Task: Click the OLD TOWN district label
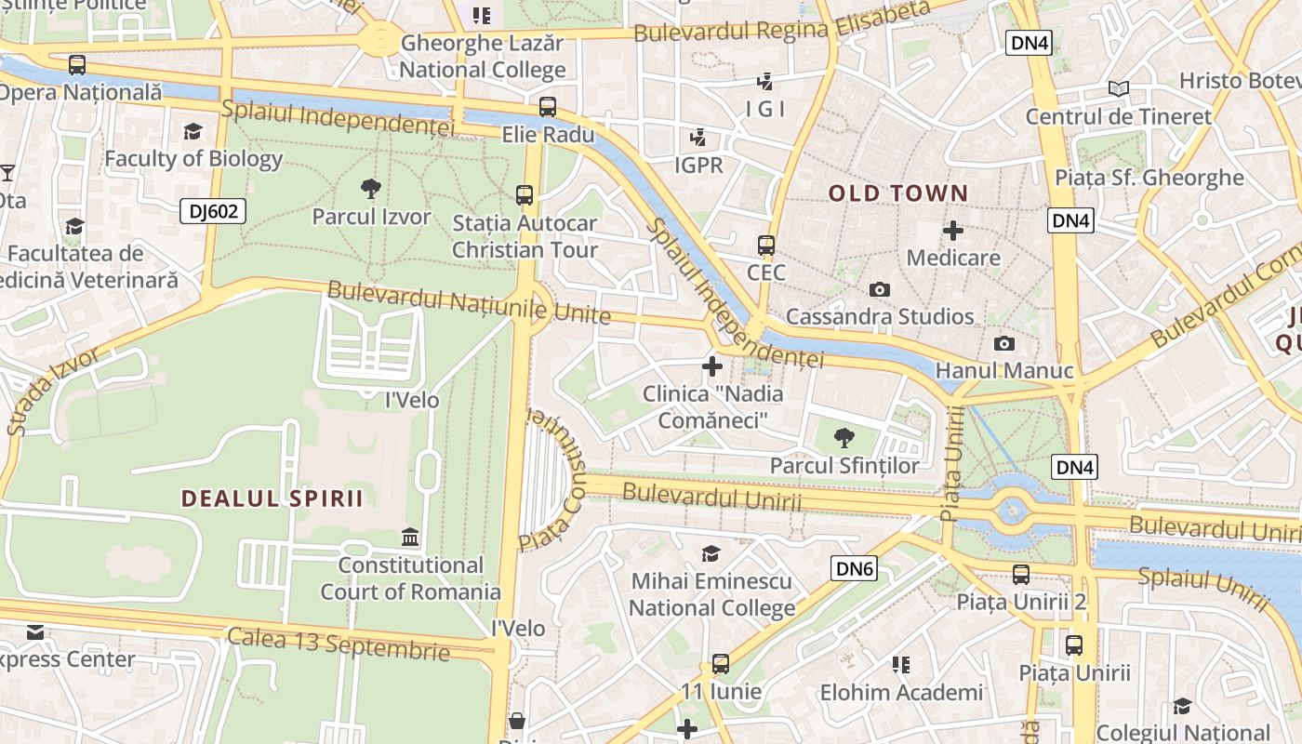coord(898,193)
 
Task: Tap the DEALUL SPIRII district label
coord(272,498)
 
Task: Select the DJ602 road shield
coord(213,211)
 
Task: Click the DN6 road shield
coord(853,568)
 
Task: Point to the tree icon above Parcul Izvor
coord(371,190)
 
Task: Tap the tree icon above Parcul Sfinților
coord(844,437)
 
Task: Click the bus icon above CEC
coord(766,246)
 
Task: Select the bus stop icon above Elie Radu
coord(548,107)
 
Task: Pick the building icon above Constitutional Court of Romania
coord(410,538)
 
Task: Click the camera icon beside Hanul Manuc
coord(1003,343)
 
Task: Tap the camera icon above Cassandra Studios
coord(880,289)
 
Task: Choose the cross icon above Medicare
coord(953,230)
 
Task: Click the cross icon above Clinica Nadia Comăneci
coord(712,366)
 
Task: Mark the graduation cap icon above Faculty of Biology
coord(193,131)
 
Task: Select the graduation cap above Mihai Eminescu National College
coord(711,553)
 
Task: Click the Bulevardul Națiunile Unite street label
coord(469,303)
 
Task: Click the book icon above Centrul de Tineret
coord(1119,88)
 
